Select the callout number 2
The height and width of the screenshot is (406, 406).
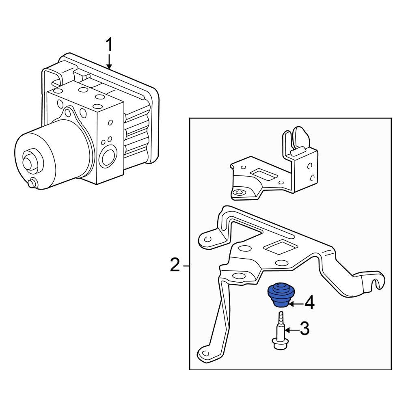pos(175,266)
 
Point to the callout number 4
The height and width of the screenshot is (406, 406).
pos(309,303)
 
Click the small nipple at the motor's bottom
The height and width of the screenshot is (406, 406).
pos(31,184)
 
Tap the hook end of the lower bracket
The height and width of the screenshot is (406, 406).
pos(378,281)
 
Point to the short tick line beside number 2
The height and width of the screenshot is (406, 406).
pos(186,266)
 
